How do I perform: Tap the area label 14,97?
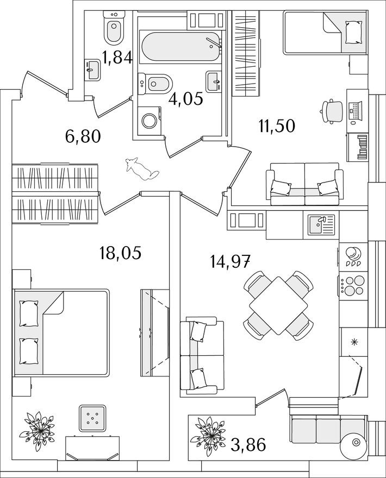tap(230, 262)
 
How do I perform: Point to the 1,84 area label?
tap(117, 56)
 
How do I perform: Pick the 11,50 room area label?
tap(277, 125)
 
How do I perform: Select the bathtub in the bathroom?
tap(180, 48)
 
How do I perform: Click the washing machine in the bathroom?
tap(149, 119)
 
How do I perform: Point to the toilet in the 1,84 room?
tap(114, 30)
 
